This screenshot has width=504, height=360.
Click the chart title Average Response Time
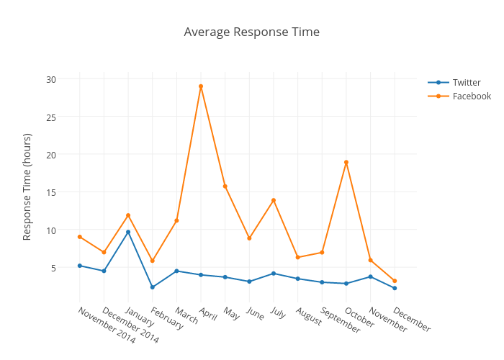tap(251, 32)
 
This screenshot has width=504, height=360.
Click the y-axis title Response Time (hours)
tap(27, 186)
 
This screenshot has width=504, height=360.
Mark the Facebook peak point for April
tap(201, 86)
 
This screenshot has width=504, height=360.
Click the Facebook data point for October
tap(346, 162)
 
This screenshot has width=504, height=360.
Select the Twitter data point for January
tap(128, 232)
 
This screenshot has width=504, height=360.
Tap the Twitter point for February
tap(153, 287)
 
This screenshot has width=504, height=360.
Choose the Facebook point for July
tap(274, 200)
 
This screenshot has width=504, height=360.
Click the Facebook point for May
tap(225, 186)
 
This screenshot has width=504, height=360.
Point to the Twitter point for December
tap(395, 288)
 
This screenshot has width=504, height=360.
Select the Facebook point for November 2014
tap(80, 237)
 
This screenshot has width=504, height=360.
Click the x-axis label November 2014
tap(106, 325)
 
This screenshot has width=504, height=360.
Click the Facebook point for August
tap(298, 257)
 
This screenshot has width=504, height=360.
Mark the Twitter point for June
tap(249, 282)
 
